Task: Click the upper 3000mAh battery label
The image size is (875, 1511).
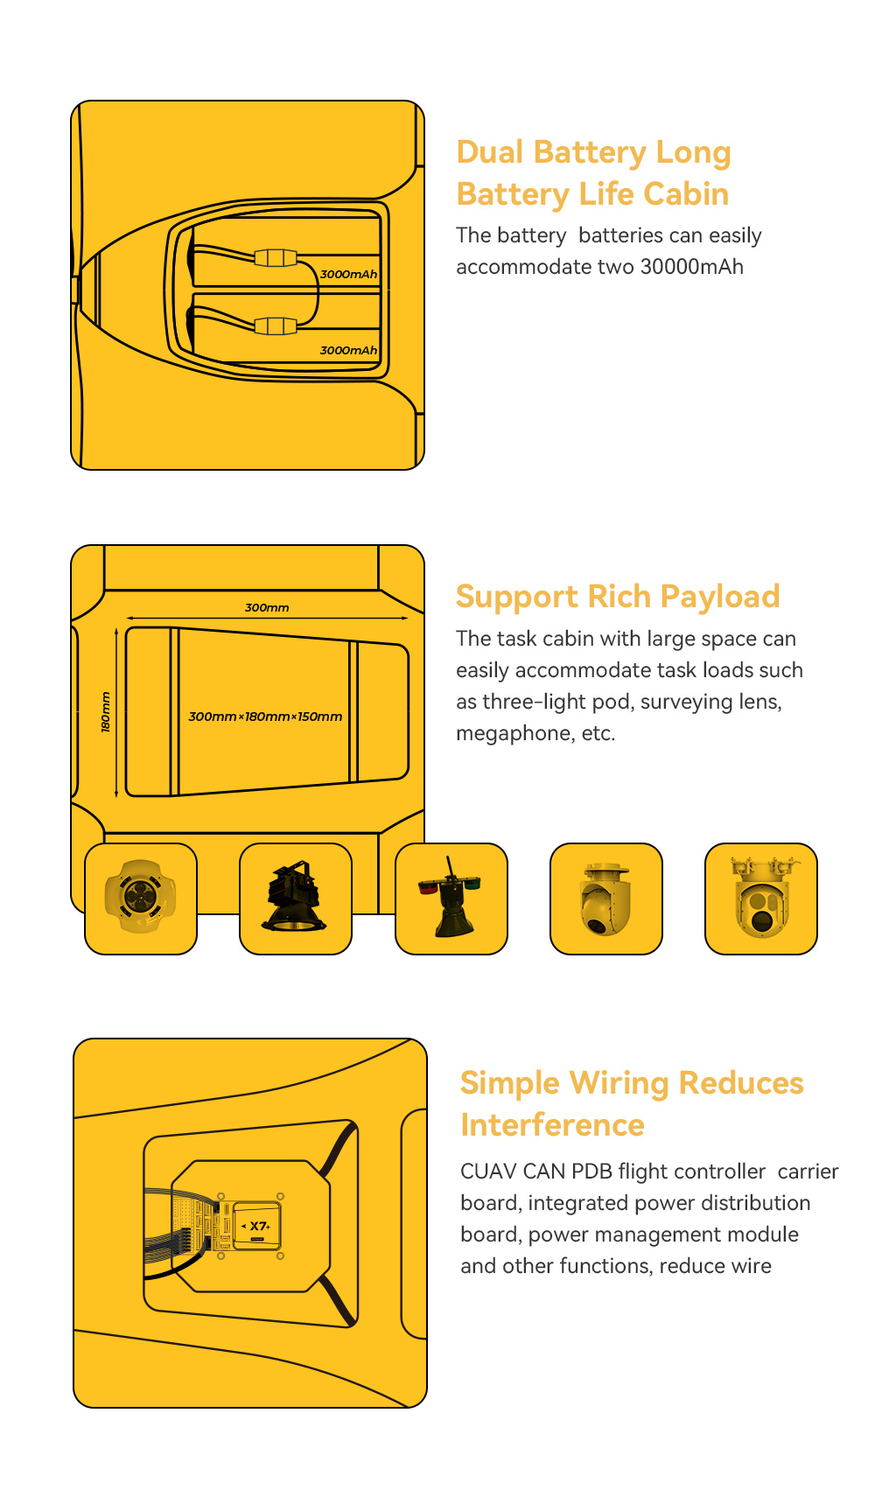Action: (x=348, y=274)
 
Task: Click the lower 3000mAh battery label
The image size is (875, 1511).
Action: (x=348, y=350)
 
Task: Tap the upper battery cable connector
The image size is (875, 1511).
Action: (x=276, y=257)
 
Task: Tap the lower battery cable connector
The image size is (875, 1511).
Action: (x=276, y=326)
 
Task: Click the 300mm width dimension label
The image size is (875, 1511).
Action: (x=267, y=607)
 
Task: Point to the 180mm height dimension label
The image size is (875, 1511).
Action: (x=106, y=712)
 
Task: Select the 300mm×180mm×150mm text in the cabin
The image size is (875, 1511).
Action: (x=265, y=717)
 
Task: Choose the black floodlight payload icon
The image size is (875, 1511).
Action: (x=295, y=897)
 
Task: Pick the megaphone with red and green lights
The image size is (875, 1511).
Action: (x=451, y=898)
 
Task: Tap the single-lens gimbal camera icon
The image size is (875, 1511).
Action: (x=605, y=899)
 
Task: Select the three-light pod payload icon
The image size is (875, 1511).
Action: (x=761, y=896)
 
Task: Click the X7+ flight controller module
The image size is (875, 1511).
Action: (x=257, y=1226)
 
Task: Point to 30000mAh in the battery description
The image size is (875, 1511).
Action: (x=692, y=267)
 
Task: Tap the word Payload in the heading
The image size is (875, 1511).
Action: (x=720, y=597)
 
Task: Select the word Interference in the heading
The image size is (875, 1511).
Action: (x=552, y=1125)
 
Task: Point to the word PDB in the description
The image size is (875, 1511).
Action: (x=592, y=1172)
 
